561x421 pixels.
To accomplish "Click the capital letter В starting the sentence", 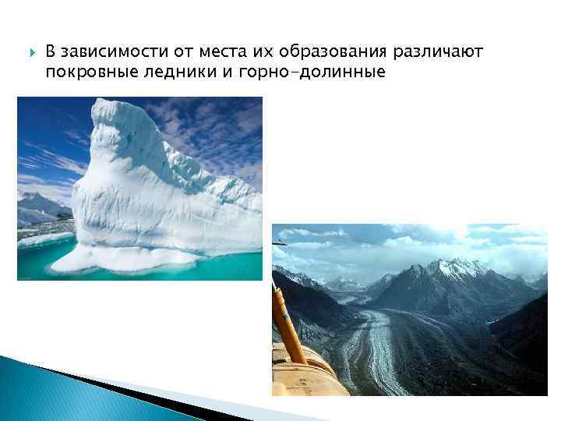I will (50, 52).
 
